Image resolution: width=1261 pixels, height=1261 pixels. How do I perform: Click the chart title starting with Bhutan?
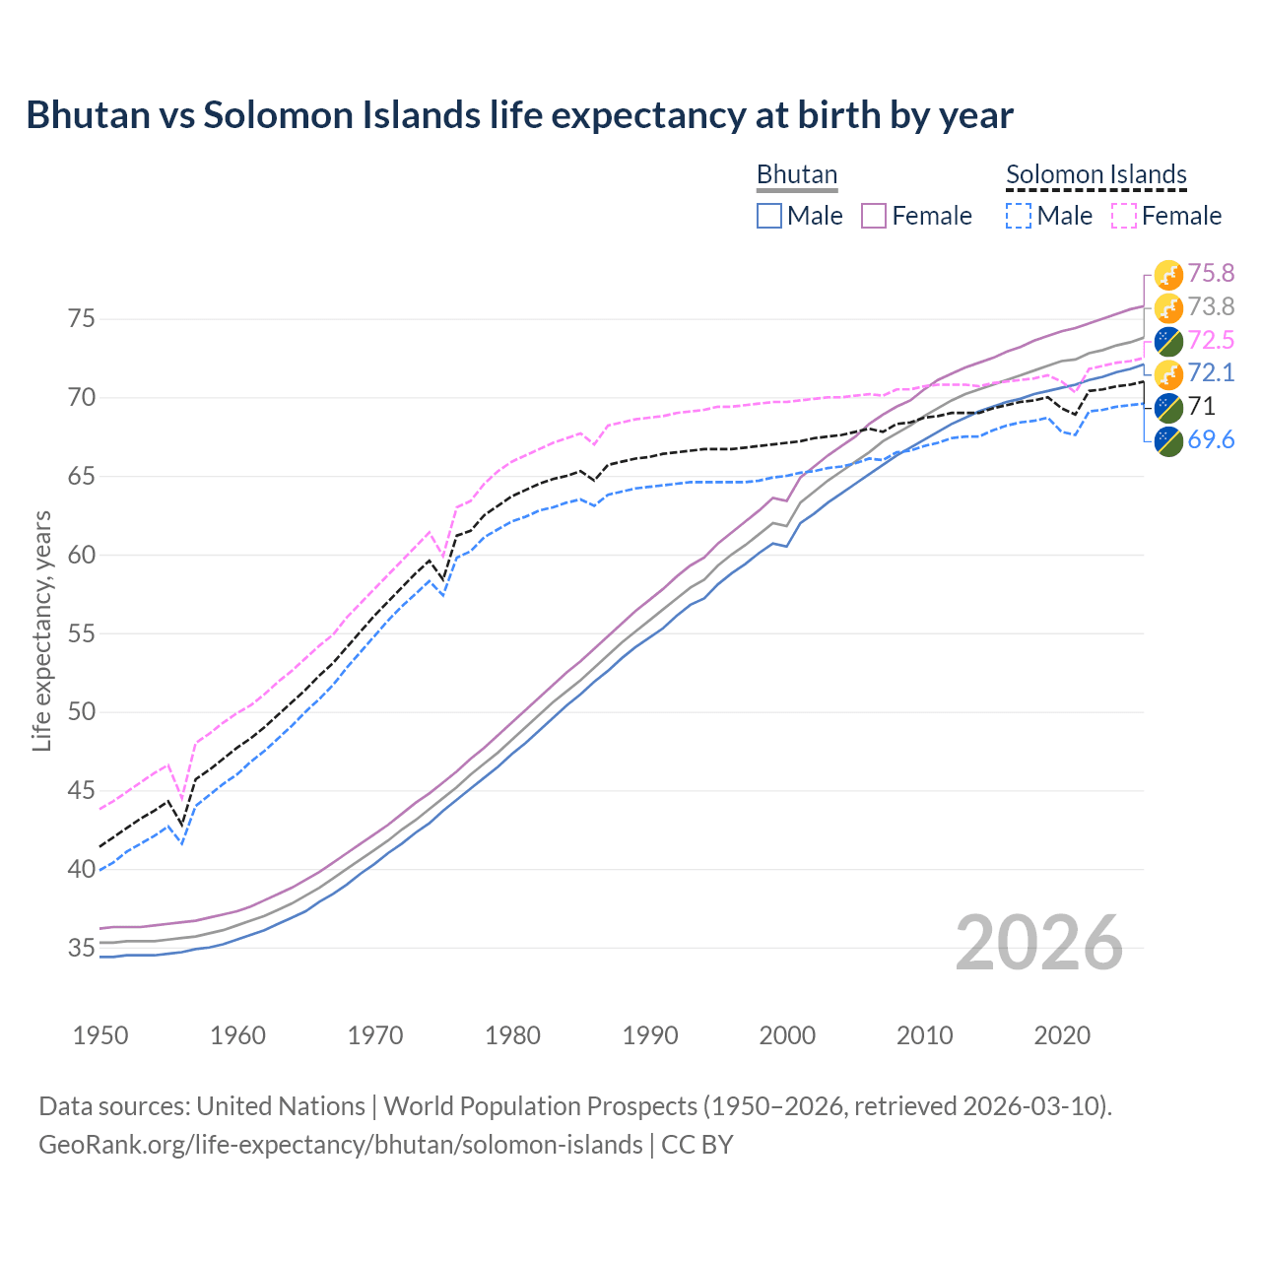pyautogui.click(x=519, y=115)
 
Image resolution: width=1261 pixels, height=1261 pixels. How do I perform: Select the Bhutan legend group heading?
pyautogui.click(x=796, y=174)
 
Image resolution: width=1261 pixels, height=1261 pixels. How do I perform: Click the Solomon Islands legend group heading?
pyautogui.click(x=1095, y=174)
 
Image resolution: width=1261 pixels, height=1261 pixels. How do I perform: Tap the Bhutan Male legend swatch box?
pyautogui.click(x=769, y=216)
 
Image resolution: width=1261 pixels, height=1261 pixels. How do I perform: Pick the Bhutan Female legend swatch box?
pyautogui.click(x=874, y=216)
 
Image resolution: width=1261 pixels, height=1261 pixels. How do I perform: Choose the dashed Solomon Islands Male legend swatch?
pyautogui.click(x=1019, y=216)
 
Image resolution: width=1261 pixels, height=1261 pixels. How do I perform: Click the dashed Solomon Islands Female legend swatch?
pyautogui.click(x=1124, y=216)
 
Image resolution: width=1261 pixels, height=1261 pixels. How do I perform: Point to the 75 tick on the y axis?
pyautogui.click(x=81, y=319)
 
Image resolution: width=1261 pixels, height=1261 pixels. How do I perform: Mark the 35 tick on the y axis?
pyautogui.click(x=81, y=949)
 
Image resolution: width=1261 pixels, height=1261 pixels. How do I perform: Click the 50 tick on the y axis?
pyautogui.click(x=81, y=712)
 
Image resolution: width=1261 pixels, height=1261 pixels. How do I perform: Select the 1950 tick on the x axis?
pyautogui.click(x=100, y=1035)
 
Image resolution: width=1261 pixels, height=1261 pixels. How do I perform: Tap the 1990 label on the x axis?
pyautogui.click(x=650, y=1035)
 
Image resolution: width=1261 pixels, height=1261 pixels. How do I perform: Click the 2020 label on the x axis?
pyautogui.click(x=1062, y=1035)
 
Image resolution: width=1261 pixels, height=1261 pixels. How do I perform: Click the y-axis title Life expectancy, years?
pyautogui.click(x=41, y=630)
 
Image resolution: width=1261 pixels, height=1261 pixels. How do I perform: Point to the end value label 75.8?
pyautogui.click(x=1211, y=273)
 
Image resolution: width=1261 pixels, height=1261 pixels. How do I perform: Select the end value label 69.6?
pyautogui.click(x=1211, y=440)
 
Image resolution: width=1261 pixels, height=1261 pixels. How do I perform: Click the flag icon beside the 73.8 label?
pyautogui.click(x=1168, y=307)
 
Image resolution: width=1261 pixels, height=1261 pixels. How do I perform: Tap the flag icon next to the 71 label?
pyautogui.click(x=1168, y=407)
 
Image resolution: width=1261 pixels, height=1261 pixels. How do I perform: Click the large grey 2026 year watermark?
pyautogui.click(x=1039, y=943)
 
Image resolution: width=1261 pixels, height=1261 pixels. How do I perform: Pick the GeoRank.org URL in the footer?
pyautogui.click(x=340, y=1145)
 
